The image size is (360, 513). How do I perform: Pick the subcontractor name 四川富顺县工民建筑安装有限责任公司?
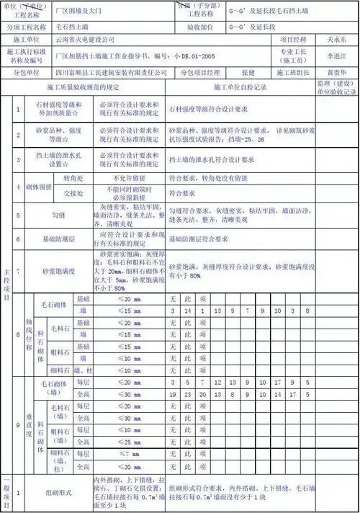[x=111, y=73]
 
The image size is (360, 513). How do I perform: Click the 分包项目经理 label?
[x=200, y=73]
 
